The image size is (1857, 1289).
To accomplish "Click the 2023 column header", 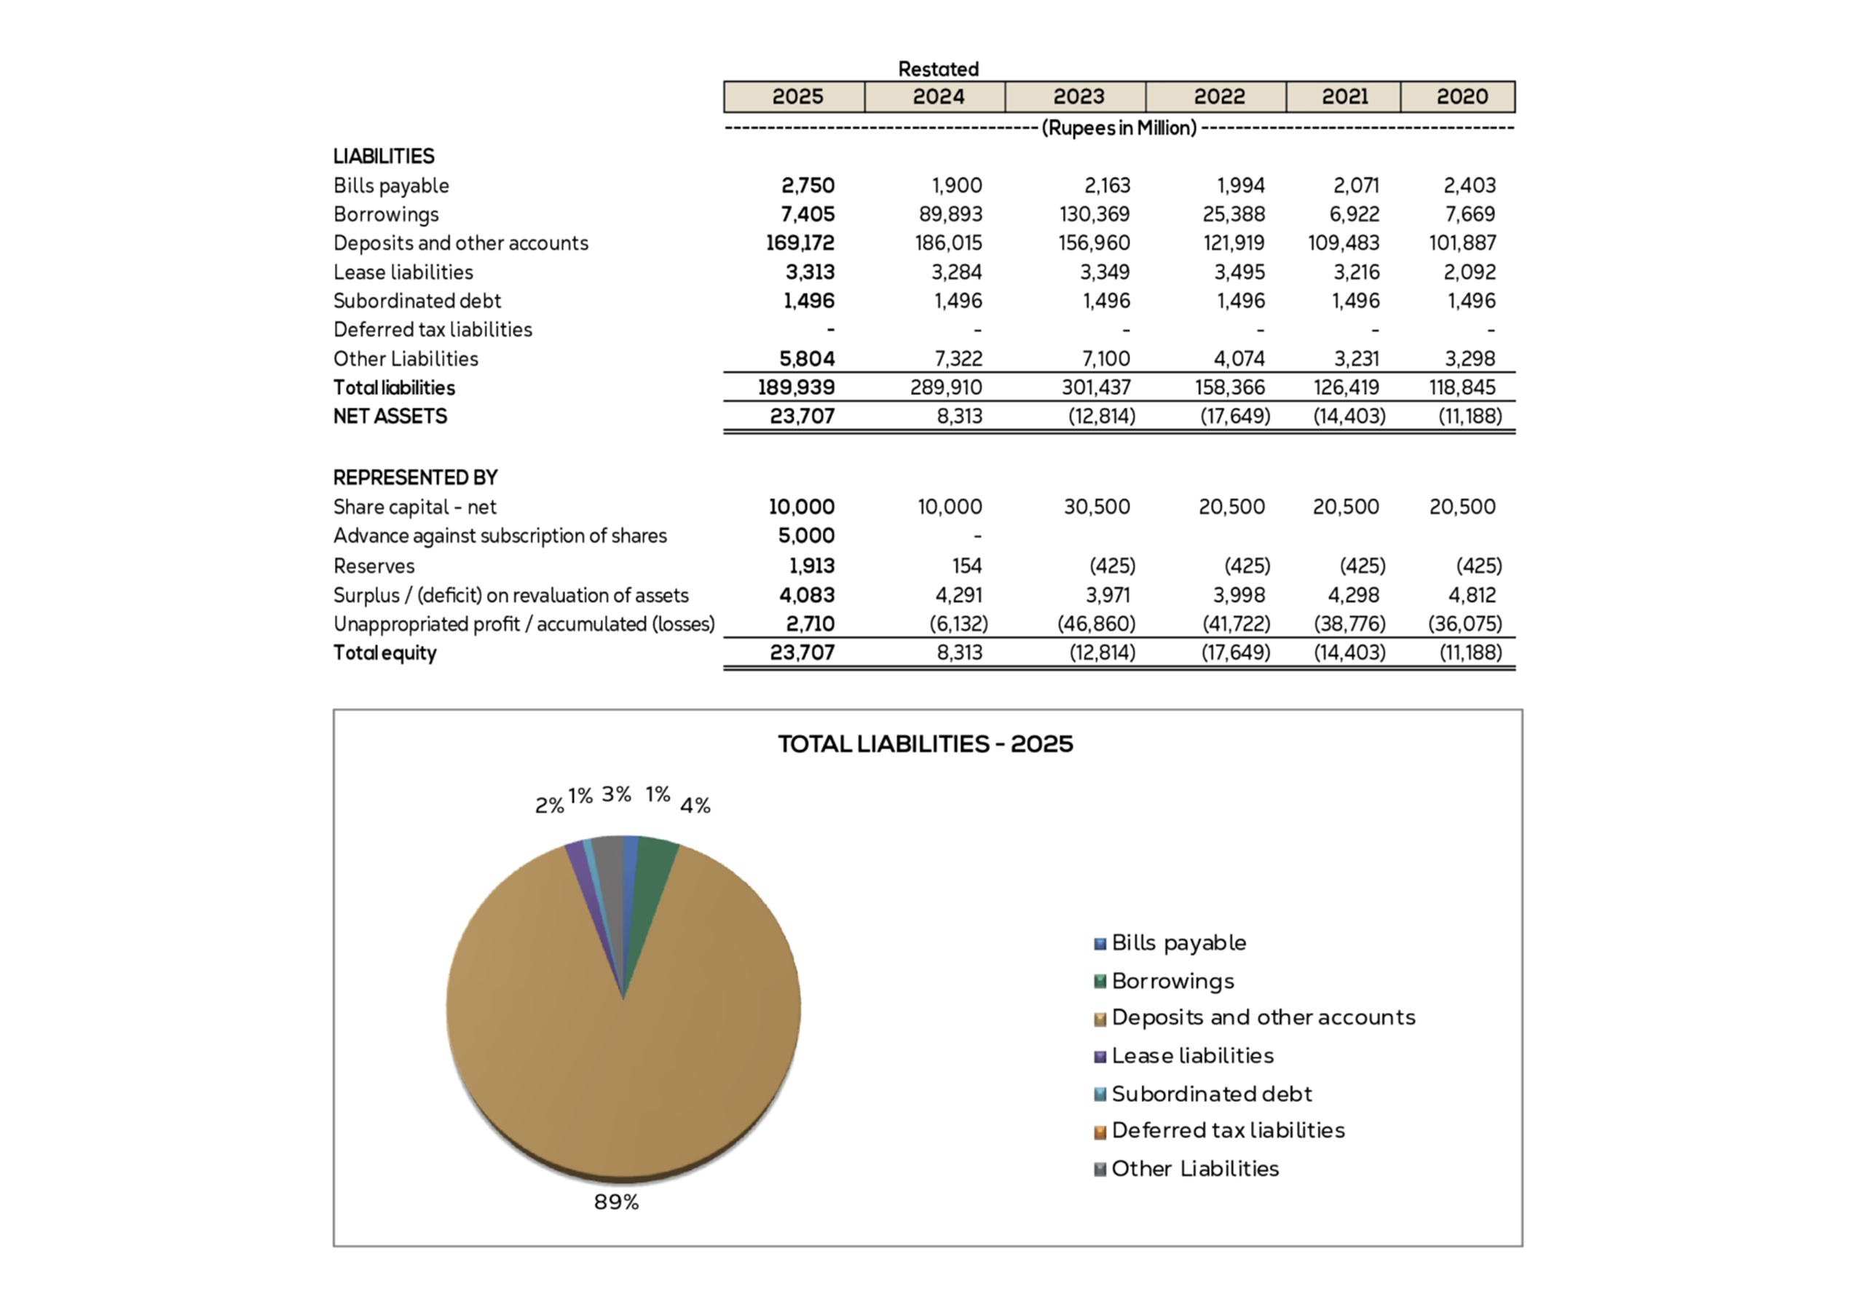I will click(x=1078, y=97).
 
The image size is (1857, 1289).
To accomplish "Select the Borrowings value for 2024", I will click(x=950, y=214).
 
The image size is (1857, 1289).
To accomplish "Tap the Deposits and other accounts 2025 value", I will click(x=800, y=243).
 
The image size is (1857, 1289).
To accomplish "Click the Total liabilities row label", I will click(x=394, y=387).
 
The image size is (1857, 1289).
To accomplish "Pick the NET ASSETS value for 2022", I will click(x=1235, y=417).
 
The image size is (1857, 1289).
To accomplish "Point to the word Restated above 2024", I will click(x=938, y=69).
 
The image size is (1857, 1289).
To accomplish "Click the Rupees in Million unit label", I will click(x=1119, y=128).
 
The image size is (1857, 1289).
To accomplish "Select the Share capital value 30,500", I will click(x=1097, y=507).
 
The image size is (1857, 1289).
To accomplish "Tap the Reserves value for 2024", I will click(x=966, y=566).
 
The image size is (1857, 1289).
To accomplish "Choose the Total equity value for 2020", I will click(x=1470, y=653).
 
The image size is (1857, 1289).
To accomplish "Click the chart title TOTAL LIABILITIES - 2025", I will click(x=926, y=744).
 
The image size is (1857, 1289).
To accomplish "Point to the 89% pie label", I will click(x=616, y=1202).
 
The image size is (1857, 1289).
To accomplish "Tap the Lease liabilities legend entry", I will click(x=1191, y=1055).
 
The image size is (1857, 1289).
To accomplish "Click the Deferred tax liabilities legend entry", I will click(x=1227, y=1131).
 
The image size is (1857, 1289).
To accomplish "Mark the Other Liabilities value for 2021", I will click(x=1356, y=358).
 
